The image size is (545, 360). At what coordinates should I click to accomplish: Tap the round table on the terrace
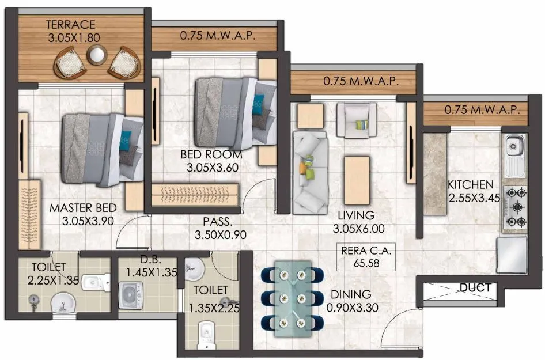click(96, 55)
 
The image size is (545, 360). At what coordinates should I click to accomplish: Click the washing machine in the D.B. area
click(131, 294)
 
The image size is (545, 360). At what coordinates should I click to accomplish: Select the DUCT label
click(475, 287)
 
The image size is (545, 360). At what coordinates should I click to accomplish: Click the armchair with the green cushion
click(357, 120)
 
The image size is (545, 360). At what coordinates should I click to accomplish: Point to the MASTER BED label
click(83, 207)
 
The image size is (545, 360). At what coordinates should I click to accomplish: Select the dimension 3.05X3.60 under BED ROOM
click(211, 168)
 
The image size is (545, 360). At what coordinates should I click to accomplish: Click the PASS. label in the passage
click(217, 221)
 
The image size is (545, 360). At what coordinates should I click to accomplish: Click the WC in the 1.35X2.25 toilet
click(206, 334)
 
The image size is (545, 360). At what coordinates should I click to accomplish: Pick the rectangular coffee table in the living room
click(357, 172)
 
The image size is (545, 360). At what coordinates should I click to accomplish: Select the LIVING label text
click(356, 215)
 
